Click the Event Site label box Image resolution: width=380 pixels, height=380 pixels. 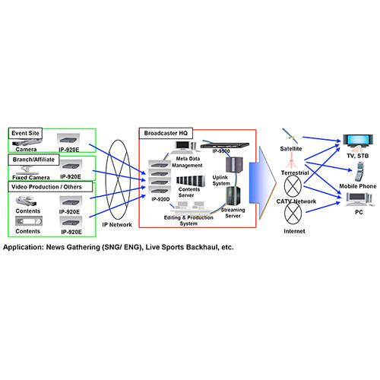point(26,134)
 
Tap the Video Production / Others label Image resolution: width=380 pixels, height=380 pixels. point(50,186)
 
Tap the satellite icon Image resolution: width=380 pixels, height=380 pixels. point(290,136)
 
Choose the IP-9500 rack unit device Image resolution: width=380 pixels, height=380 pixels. point(222,143)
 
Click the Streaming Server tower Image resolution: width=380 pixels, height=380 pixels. point(233,196)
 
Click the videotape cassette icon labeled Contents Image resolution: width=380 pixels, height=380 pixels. point(27,222)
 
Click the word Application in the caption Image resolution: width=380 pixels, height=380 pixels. point(25,248)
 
